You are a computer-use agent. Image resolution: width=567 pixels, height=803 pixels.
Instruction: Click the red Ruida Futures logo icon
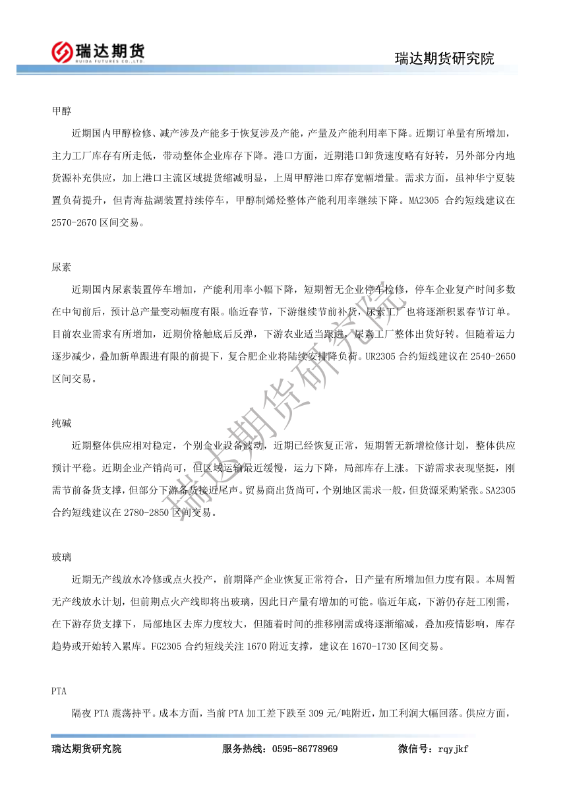pyautogui.click(x=62, y=51)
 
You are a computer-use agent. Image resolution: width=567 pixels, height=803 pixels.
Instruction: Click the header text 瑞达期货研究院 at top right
pyautogui.click(x=444, y=58)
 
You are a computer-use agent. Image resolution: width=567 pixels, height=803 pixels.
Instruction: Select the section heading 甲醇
pyautogui.click(x=61, y=111)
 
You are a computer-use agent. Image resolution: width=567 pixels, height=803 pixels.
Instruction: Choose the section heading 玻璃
pyautogui.click(x=61, y=558)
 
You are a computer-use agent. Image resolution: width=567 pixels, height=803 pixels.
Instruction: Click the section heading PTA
pyautogui.click(x=59, y=691)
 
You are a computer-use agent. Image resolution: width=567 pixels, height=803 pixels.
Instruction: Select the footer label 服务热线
pyautogui.click(x=242, y=749)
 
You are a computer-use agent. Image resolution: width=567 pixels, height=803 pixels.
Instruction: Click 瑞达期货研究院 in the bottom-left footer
pyautogui.click(x=86, y=749)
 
